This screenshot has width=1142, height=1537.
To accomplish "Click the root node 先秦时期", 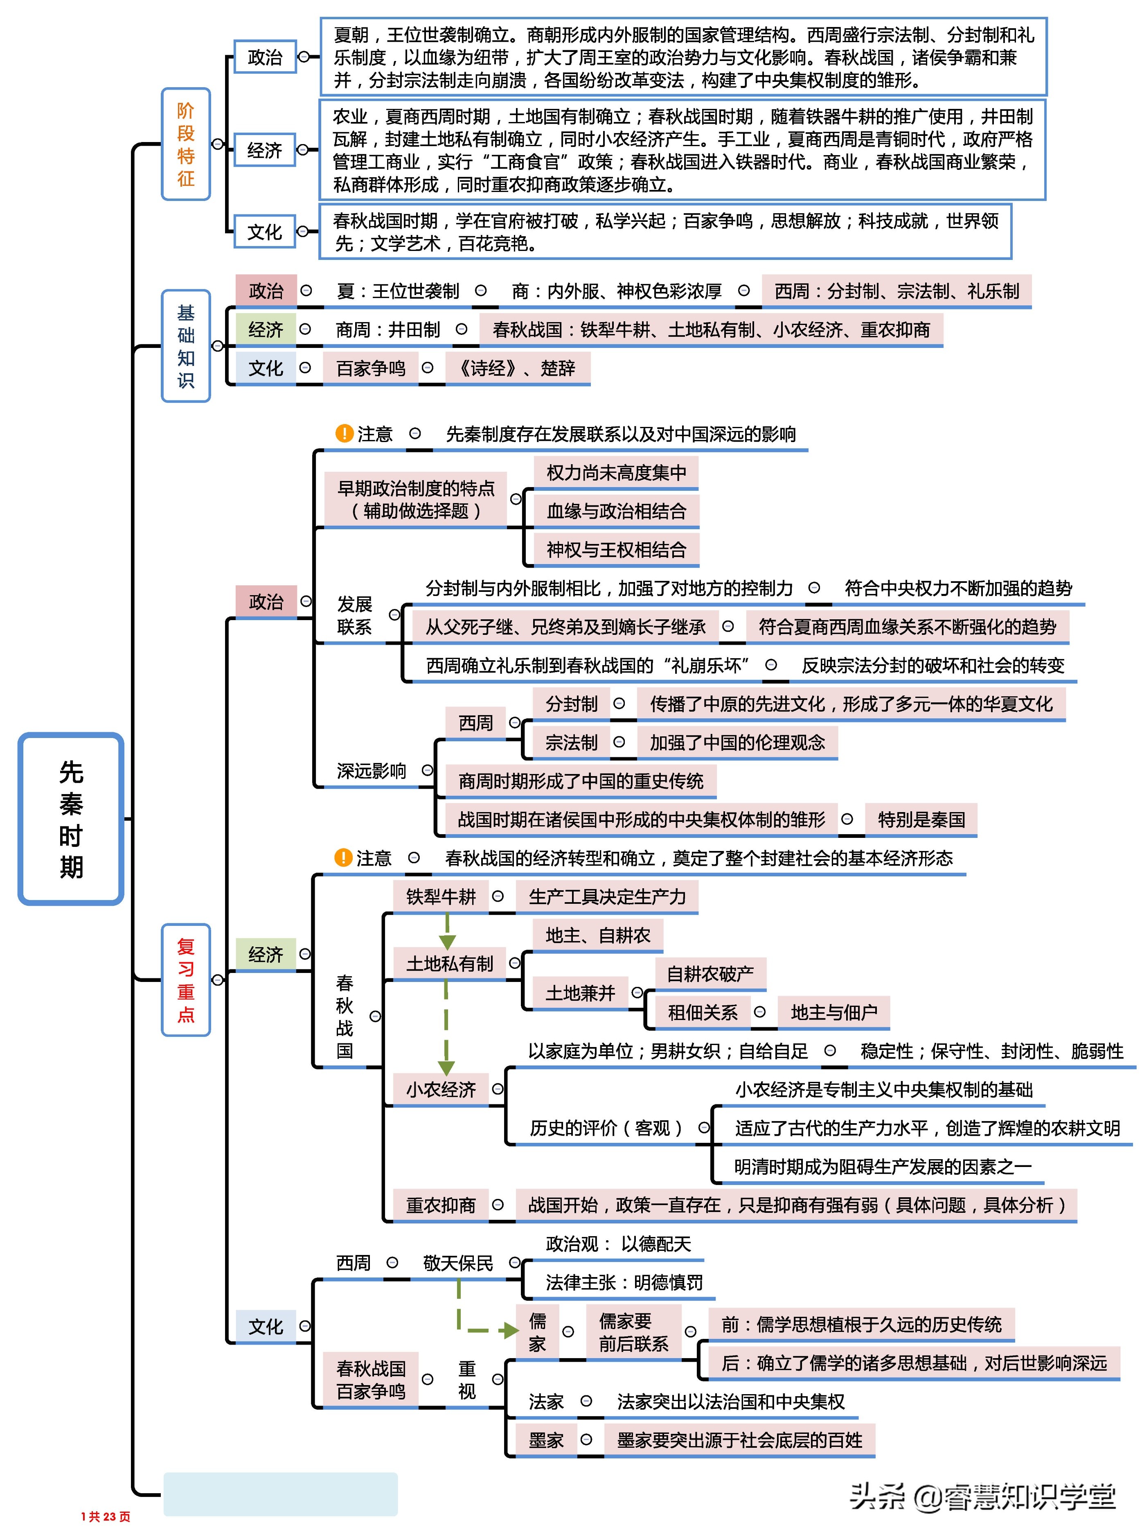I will [x=71, y=819].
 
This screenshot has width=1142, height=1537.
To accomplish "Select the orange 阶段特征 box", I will [x=185, y=144].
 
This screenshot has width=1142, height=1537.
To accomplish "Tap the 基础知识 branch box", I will [x=185, y=346].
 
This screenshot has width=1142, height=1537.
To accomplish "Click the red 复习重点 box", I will [x=185, y=980].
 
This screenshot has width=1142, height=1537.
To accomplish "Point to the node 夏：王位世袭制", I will [x=397, y=291].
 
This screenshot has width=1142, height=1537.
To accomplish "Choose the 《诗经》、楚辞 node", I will [x=517, y=368].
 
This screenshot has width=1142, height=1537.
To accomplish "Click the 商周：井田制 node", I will [x=388, y=330].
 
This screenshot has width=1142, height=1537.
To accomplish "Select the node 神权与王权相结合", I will [x=616, y=550].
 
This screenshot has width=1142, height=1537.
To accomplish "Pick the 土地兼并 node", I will [x=579, y=993].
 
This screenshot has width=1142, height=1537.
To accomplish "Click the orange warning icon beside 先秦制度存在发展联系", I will [x=344, y=433].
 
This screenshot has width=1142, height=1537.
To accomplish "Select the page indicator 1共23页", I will [x=106, y=1516].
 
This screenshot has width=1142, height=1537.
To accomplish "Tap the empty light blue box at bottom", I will [x=280, y=1494].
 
